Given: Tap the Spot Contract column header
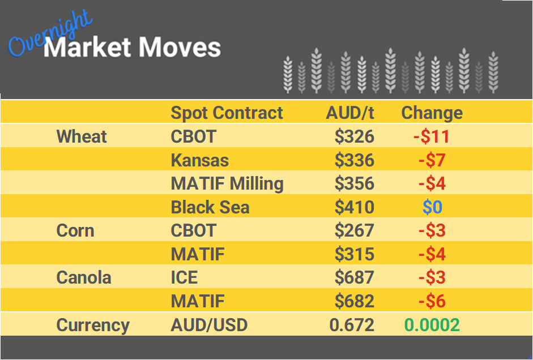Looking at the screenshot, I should pos(227,113).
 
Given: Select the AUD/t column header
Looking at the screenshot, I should pos(349,113).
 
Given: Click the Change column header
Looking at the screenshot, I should pos(432,113).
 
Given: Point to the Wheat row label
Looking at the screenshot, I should pos(82,136).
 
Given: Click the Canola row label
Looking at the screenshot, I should pos(83,278).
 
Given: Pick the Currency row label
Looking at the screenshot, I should pos(93,325).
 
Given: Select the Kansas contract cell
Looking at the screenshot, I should pos(199,160).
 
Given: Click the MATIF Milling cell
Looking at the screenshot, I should pos(227,184).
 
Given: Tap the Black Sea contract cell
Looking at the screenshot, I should pos(210,208).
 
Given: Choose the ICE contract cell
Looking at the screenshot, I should pos(184,278).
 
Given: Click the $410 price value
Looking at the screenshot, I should pos(354,208).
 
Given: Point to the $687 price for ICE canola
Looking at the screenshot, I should pos(354,278).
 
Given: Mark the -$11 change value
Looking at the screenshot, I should pos(432,136).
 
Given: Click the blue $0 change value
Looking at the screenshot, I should pos(432,208).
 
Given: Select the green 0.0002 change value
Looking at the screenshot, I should pos(432,325).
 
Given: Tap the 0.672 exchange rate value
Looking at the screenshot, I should pos(352,325).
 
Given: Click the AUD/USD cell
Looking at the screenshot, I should pos(209,325).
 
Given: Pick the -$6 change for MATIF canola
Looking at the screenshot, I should pos(432,302).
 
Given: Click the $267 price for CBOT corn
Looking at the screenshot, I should pos(354,231).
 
